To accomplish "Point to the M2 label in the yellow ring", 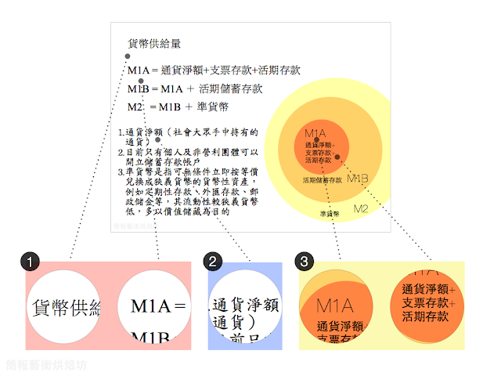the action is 361,208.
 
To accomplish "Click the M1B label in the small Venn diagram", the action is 357,178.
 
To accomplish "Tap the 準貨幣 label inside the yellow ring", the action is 330,213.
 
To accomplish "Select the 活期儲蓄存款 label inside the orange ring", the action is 323,180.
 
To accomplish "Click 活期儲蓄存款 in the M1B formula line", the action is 231,89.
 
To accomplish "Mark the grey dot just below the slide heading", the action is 128,56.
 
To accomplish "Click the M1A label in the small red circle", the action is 315,133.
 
